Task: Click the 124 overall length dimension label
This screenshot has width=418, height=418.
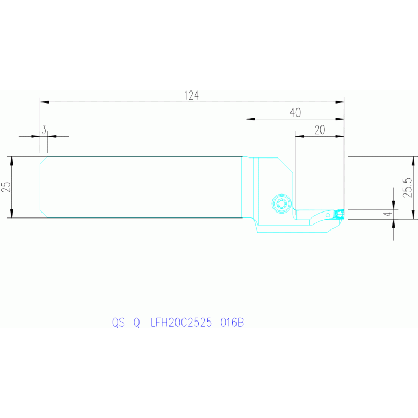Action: [191, 96]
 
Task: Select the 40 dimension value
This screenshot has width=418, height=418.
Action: [295, 113]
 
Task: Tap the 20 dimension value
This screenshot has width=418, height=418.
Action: [320, 130]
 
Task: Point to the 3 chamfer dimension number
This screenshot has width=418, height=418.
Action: [44, 130]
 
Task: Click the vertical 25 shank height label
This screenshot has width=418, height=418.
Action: [7, 187]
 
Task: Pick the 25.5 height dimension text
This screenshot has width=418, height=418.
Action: [408, 187]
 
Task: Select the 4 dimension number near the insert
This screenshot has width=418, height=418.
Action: [389, 214]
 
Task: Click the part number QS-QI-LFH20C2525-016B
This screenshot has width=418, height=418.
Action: [178, 323]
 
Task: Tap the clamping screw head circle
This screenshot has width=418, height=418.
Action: [282, 204]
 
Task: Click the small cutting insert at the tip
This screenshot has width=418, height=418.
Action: [340, 214]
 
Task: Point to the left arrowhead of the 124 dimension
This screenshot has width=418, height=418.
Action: [45, 102]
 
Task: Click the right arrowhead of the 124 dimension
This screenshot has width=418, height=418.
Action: [340, 102]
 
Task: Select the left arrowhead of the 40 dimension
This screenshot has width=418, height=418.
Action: [250, 119]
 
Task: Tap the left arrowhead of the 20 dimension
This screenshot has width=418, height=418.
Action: [299, 136]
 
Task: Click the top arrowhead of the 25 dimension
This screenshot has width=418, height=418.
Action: [11, 161]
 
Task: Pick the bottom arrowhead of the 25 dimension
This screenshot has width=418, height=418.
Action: [11, 214]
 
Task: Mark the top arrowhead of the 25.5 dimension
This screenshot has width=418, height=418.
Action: [413, 161]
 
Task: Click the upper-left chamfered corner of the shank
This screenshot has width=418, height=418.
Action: [44, 160]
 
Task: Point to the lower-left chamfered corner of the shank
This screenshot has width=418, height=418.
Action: [44, 214]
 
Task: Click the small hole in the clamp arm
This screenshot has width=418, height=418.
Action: [328, 215]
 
